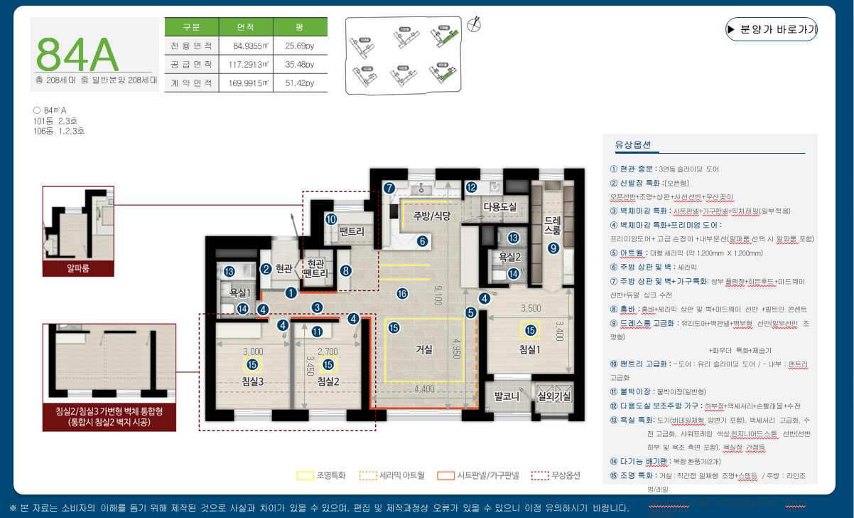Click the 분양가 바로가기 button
pos(772,29)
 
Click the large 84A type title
pos(76,52)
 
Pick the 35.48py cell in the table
pos(299,65)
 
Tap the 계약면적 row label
pos(191,83)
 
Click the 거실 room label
pos(424,349)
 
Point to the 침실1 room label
pos(530,349)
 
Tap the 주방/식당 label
pos(427,216)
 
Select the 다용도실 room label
pos(499,206)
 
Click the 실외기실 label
pos(555,396)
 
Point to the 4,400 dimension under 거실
pos(424,388)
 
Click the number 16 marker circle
pos(402,293)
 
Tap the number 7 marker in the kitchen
pos(389,188)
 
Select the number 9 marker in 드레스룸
pos(553,248)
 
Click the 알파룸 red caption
pos(78,268)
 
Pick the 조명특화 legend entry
pos(321,475)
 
